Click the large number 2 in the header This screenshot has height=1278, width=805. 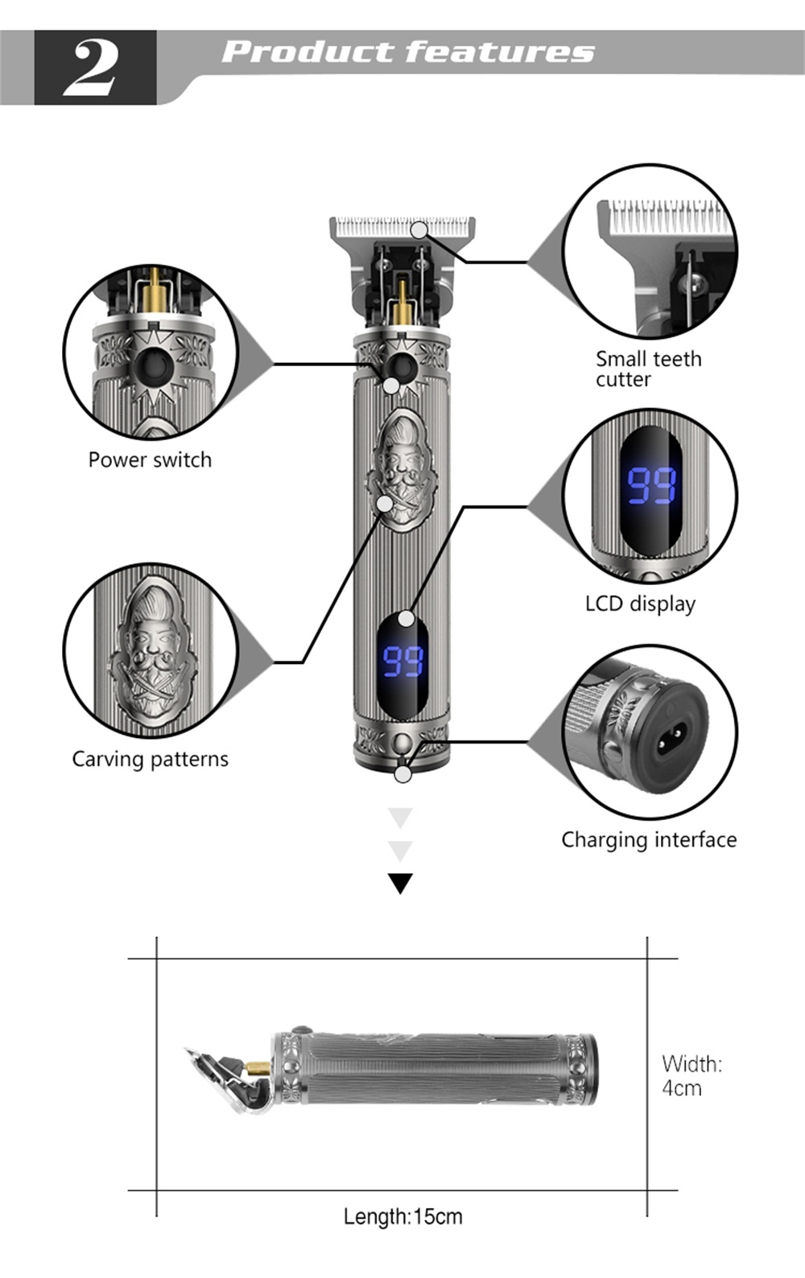pyautogui.click(x=93, y=68)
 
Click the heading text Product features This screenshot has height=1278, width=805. pyautogui.click(x=408, y=52)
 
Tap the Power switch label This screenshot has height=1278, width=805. pyautogui.click(x=150, y=460)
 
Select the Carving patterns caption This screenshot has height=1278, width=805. pyautogui.click(x=150, y=759)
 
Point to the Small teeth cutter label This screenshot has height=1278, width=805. pyautogui.click(x=648, y=369)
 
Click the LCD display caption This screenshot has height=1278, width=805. pyautogui.click(x=640, y=604)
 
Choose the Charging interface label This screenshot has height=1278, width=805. pyautogui.click(x=649, y=839)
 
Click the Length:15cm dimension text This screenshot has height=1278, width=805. pyautogui.click(x=402, y=1216)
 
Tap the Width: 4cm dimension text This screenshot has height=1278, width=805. pyautogui.click(x=691, y=1076)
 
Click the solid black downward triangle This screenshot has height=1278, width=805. pyautogui.click(x=400, y=882)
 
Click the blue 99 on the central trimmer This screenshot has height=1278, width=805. pyautogui.click(x=402, y=661)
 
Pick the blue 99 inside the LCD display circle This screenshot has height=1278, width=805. pyautogui.click(x=650, y=485)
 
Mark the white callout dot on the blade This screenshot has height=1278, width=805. pyautogui.click(x=419, y=230)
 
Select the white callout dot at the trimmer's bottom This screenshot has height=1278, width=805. pyautogui.click(x=402, y=774)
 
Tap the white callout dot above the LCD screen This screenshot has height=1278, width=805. pyautogui.click(x=407, y=618)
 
